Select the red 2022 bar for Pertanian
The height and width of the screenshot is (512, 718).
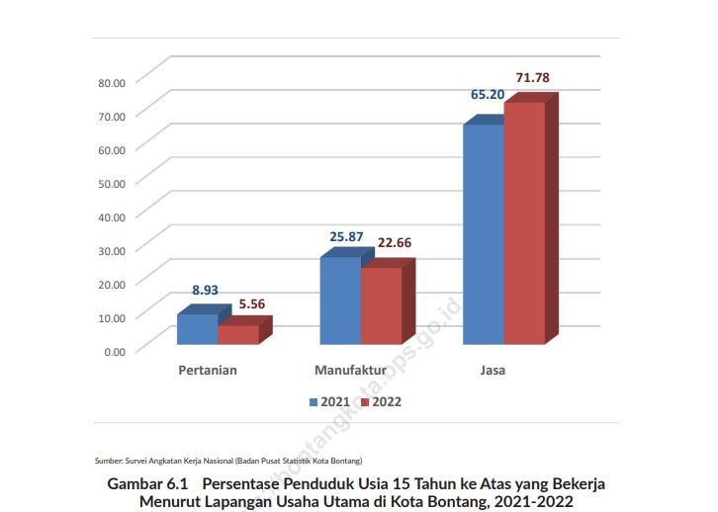click(x=237, y=334)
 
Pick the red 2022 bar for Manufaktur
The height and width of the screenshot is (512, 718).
click(x=381, y=305)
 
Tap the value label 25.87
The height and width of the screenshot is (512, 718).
click(x=345, y=237)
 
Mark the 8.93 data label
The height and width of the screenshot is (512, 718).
click(x=205, y=291)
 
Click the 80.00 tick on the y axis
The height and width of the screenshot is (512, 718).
click(x=113, y=82)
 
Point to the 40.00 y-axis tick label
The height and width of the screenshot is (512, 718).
click(x=113, y=216)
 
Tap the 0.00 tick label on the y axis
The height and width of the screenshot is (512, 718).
click(x=116, y=350)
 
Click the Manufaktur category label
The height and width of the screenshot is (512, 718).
click(x=349, y=371)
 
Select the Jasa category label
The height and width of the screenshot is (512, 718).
click(x=491, y=371)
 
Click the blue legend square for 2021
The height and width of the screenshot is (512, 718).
click(x=314, y=402)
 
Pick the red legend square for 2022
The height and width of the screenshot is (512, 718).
click(x=364, y=402)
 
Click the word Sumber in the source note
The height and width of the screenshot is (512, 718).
click(x=108, y=461)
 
